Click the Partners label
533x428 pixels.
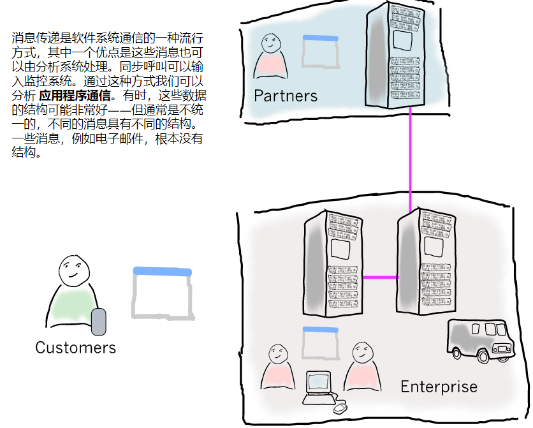click(x=285, y=96)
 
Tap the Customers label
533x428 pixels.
click(x=75, y=348)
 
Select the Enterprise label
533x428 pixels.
click(x=439, y=387)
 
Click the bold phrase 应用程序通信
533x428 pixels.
click(x=75, y=96)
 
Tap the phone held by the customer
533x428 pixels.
click(x=98, y=321)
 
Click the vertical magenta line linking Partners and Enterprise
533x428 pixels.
click(x=411, y=159)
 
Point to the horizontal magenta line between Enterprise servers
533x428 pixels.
click(x=380, y=277)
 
